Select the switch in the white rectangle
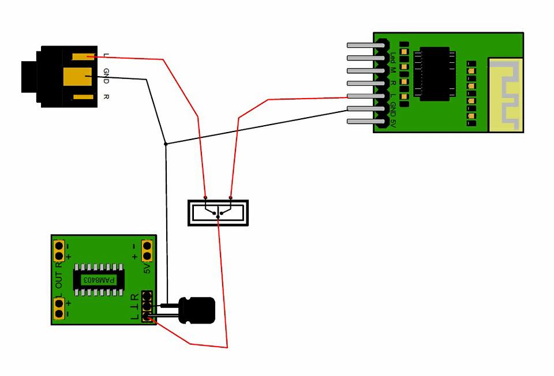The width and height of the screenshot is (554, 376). (218, 213)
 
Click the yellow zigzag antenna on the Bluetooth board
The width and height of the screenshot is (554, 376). (506, 95)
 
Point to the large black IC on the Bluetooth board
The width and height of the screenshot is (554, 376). (435, 74)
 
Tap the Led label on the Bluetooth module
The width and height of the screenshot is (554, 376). (393, 58)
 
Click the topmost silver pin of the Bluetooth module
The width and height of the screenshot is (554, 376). (362, 45)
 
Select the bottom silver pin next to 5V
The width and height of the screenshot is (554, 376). (362, 121)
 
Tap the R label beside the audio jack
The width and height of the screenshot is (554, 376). (106, 96)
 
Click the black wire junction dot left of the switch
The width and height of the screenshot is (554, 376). (166, 144)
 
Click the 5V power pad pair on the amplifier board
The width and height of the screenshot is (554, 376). (147, 250)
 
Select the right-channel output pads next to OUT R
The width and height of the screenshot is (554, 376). (59, 251)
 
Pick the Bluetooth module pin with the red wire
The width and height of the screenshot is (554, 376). (362, 96)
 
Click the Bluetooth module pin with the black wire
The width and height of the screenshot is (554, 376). (362, 109)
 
